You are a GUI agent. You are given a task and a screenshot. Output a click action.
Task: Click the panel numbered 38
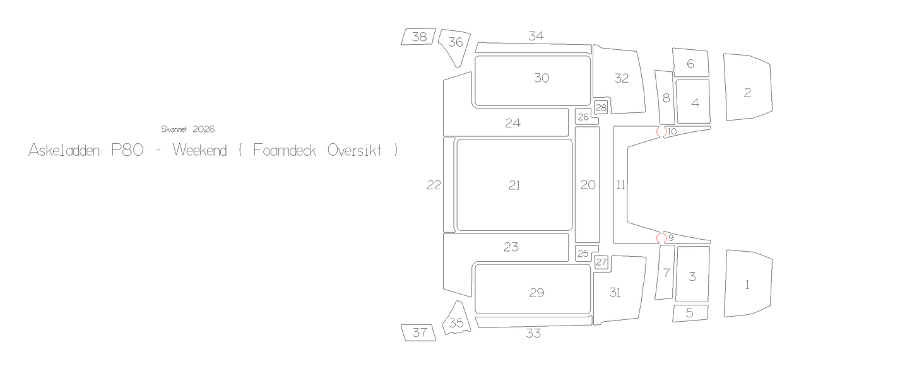[x=418, y=37]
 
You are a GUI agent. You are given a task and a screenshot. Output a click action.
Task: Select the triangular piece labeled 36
[x=456, y=45]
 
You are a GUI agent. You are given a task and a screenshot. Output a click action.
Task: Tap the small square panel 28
[x=601, y=107]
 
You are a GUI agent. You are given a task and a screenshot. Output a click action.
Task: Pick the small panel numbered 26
[x=584, y=117]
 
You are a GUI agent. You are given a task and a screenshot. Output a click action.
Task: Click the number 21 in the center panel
[x=514, y=185]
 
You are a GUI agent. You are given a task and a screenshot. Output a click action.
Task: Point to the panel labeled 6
[x=690, y=62]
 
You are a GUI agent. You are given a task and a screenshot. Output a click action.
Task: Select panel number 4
[x=693, y=102]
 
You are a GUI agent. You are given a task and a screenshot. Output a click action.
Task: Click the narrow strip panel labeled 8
[x=665, y=98]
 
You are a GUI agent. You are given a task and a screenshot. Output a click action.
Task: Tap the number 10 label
[x=672, y=131]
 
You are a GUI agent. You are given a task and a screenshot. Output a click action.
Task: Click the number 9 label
[x=671, y=238]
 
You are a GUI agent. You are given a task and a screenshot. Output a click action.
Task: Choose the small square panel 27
[x=601, y=262]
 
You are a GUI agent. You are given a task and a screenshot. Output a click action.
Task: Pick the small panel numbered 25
[x=584, y=254]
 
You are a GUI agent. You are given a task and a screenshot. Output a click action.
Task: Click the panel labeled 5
[x=690, y=313]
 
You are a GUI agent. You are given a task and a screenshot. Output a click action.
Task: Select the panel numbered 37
[x=418, y=333]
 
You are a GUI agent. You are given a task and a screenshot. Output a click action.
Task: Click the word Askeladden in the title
[x=64, y=151]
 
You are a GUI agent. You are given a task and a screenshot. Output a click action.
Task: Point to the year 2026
[x=204, y=129]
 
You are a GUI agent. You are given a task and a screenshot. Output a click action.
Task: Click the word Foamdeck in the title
[x=285, y=151]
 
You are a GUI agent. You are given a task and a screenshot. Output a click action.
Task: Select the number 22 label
[x=434, y=185]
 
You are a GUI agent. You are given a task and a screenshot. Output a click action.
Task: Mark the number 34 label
[x=536, y=36]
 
